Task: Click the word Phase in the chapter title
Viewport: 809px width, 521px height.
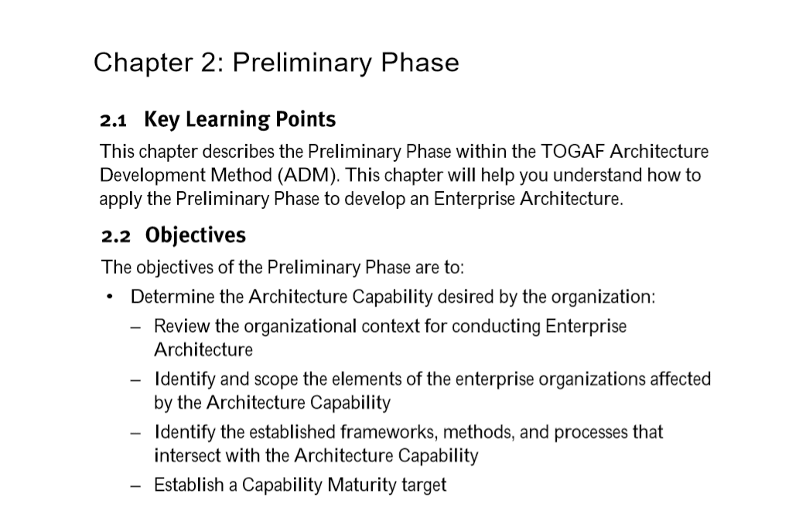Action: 419,63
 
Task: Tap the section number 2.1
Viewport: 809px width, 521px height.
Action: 113,120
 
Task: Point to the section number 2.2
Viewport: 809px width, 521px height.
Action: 115,236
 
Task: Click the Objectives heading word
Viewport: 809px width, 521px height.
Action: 196,235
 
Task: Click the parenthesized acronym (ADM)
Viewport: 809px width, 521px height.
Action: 309,176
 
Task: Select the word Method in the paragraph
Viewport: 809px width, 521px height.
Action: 241,176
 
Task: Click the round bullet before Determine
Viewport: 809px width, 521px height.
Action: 109,297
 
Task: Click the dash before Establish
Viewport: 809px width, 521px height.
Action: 135,486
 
